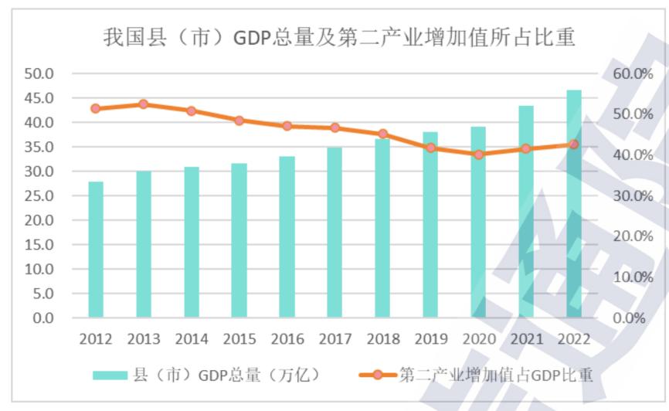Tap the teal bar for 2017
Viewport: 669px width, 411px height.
point(334,233)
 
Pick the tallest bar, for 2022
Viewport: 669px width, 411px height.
point(573,204)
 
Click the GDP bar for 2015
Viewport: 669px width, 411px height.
point(239,240)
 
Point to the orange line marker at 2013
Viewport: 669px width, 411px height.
point(143,104)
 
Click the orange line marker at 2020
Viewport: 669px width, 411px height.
point(478,155)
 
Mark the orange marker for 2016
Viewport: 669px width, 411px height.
point(287,126)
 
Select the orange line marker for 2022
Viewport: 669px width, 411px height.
point(573,144)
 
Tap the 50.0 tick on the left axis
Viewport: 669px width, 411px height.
point(39,74)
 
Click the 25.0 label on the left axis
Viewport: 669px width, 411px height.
point(39,196)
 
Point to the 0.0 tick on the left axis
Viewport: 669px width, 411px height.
point(42,318)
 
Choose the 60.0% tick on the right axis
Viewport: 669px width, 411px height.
point(633,74)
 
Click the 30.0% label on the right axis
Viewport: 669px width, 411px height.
point(633,196)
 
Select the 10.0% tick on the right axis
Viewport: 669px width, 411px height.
point(633,277)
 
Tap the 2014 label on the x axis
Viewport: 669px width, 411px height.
point(191,340)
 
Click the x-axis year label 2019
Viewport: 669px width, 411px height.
point(430,340)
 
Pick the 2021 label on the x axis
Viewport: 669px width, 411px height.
point(526,340)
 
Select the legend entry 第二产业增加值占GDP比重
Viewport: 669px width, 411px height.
point(477,375)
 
